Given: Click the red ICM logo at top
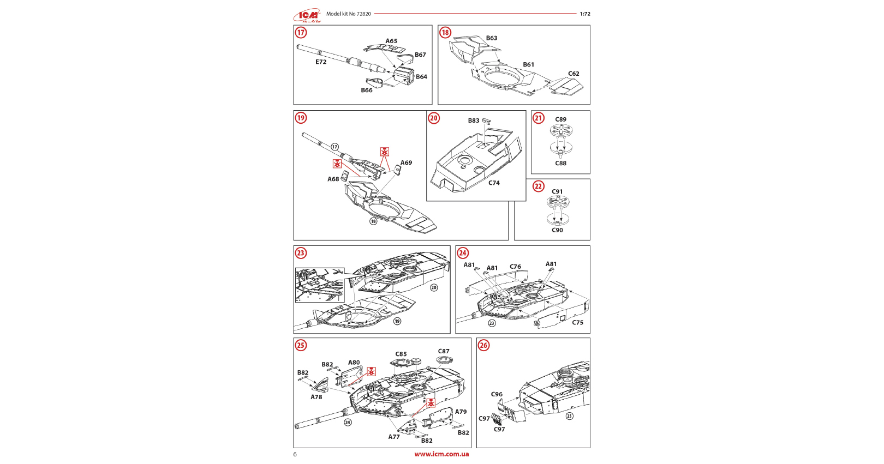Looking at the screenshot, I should [x=307, y=15].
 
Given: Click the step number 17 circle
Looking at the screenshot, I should [x=301, y=33].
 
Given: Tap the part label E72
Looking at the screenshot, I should [x=321, y=62].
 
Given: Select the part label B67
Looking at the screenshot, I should [x=420, y=55].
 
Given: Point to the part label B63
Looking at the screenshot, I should [x=492, y=38].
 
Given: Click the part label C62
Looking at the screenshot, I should [x=574, y=74].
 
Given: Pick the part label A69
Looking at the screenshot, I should [x=406, y=163].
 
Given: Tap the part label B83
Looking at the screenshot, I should [x=474, y=121].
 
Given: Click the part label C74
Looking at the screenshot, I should [x=494, y=183].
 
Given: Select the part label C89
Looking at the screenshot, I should [x=561, y=119].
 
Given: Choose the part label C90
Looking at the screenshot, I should [x=557, y=230].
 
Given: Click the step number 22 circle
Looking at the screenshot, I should [x=539, y=186].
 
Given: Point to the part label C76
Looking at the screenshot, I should [x=515, y=267].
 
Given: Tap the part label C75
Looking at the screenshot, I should [x=577, y=323].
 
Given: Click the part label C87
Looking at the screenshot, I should [x=444, y=352].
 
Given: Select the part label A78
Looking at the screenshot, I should [x=316, y=397].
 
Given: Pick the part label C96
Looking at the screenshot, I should [x=497, y=394].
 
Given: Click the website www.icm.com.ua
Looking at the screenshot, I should [x=441, y=454].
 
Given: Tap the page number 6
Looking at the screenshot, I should [x=295, y=455].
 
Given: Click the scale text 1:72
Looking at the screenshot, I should [x=585, y=14].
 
